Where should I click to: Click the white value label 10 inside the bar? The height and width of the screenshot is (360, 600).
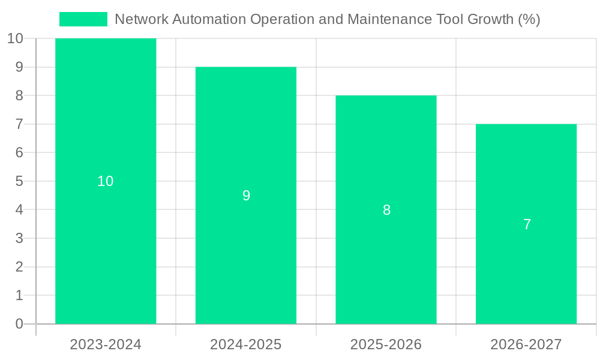click(106, 181)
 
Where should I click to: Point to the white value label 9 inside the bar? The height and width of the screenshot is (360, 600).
click(246, 196)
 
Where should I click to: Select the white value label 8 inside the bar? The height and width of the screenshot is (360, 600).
click(386, 210)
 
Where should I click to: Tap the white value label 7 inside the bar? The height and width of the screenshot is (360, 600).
click(527, 224)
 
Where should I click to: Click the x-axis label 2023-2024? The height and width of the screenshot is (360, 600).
click(106, 344)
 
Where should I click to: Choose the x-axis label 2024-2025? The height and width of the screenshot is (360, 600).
click(246, 344)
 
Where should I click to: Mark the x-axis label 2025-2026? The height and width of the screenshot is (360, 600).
click(386, 344)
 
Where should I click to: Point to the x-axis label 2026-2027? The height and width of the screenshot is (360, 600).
click(526, 344)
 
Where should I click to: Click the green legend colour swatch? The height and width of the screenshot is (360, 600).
click(83, 19)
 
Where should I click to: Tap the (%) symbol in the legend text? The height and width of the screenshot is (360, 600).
click(529, 19)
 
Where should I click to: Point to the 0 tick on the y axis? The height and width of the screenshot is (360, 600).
click(19, 324)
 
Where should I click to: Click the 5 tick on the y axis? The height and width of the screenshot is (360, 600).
click(19, 181)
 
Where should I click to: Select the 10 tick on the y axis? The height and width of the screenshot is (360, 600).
click(15, 39)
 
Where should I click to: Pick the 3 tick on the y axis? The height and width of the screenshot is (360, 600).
click(19, 238)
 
